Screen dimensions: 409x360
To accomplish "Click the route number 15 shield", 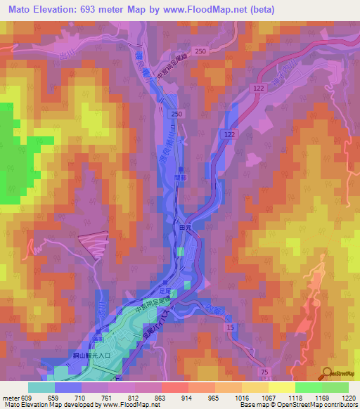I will pos(229,327).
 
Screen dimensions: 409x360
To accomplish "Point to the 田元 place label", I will pos(186,228).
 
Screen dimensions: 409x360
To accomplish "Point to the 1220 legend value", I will pos(349,398).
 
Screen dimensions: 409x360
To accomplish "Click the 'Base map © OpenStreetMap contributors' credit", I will pos(296,405).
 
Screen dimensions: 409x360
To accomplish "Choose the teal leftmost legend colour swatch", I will pos(41,388).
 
